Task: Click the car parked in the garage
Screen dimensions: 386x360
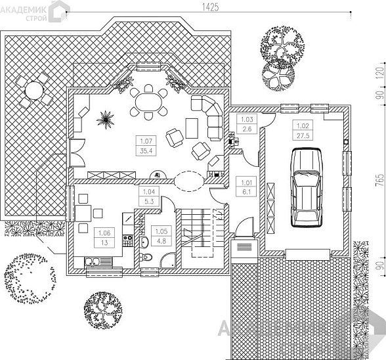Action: [307, 187]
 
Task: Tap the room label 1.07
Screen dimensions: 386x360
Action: [146, 141]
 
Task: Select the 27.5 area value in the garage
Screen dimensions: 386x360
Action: [303, 135]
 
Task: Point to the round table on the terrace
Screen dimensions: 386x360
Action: [34, 91]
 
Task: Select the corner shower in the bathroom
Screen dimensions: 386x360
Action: [168, 260]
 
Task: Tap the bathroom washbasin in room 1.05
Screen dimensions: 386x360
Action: [144, 242]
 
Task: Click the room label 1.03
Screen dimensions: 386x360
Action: [247, 120]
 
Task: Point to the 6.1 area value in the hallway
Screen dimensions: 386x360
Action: [246, 192]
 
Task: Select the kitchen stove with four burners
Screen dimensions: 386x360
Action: [127, 240]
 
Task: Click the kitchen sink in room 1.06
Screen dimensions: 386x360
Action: [98, 261]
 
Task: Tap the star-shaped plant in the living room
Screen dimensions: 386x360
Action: [106, 120]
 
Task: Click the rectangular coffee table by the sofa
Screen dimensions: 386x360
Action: [192, 128]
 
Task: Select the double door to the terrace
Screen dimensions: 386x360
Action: [77, 152]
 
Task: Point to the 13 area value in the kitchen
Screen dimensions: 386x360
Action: [104, 242]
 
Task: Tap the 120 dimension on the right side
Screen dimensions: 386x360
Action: [380, 72]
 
